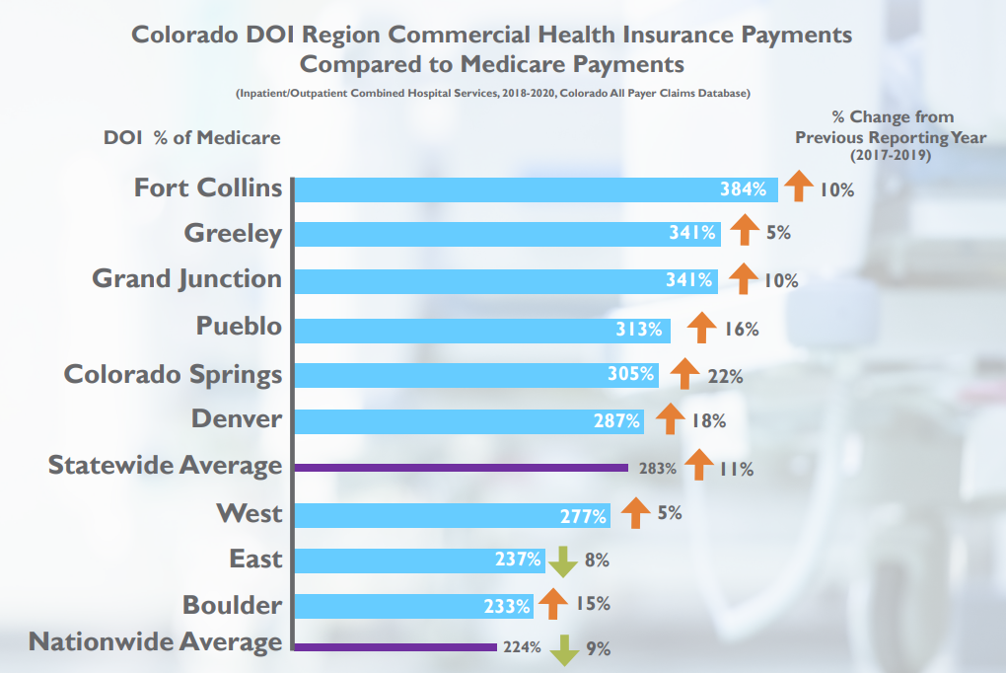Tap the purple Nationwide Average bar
tap(395, 647)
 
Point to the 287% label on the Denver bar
tap(616, 421)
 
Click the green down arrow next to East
tap(562, 561)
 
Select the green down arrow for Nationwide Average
tap(565, 649)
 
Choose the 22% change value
tap(725, 376)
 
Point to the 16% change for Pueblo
tap(742, 330)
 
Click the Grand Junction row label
tap(187, 279)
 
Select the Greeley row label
tap(233, 234)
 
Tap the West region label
tap(250, 513)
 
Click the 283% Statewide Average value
tap(657, 469)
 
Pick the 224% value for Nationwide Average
tap(521, 648)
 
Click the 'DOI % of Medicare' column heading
tap(192, 138)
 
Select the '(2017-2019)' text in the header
tap(891, 156)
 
